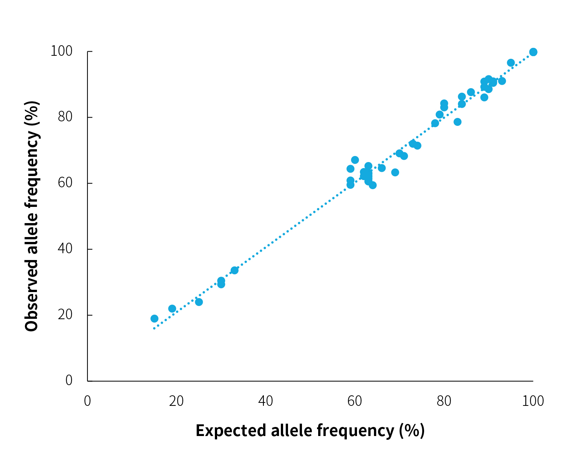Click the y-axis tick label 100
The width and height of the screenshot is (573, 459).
pos(61,51)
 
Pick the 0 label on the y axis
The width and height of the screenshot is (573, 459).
pos(69,381)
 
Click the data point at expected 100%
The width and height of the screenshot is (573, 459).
pos(533,52)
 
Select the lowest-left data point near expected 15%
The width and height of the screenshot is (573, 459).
pos(154,318)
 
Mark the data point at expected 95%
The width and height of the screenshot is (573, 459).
pos(511,63)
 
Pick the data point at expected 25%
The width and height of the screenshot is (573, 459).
pos(199,302)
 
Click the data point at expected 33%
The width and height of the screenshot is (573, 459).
pos(234,270)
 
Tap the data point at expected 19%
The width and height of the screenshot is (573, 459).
pos(172,309)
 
